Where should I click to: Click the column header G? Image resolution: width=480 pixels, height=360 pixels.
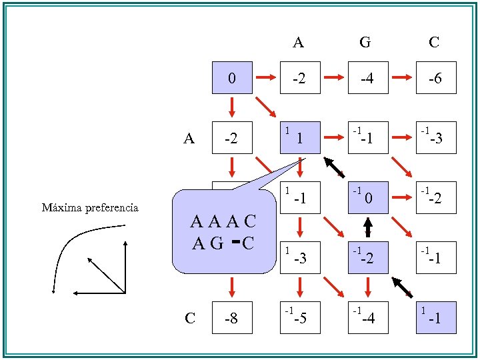coord(365,43)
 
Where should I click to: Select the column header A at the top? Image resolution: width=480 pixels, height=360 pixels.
coord(298,43)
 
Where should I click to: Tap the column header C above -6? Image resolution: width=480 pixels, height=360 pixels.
coord(434,43)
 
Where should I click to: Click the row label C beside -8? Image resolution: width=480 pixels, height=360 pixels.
coord(190,318)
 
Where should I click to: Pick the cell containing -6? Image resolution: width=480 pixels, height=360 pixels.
coord(434,78)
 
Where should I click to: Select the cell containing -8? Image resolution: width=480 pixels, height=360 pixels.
coord(231,318)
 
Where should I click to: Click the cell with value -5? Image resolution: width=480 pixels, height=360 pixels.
coord(299,318)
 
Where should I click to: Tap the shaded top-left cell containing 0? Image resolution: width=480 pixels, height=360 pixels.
coord(231,78)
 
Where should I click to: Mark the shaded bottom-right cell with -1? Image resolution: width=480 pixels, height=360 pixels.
coord(434,318)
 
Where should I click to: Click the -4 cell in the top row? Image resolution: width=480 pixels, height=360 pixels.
coord(366,78)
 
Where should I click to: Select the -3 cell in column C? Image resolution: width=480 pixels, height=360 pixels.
coord(434,138)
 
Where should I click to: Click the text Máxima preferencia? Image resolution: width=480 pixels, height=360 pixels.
coord(90,208)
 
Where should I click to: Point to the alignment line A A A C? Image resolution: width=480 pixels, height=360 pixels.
coord(222,221)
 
